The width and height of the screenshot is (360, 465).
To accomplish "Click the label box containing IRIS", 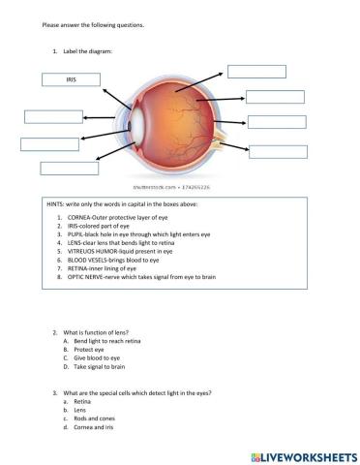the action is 70,79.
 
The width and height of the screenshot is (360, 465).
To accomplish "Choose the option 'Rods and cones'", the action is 94,418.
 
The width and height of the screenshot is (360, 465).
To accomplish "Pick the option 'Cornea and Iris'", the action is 95,426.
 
